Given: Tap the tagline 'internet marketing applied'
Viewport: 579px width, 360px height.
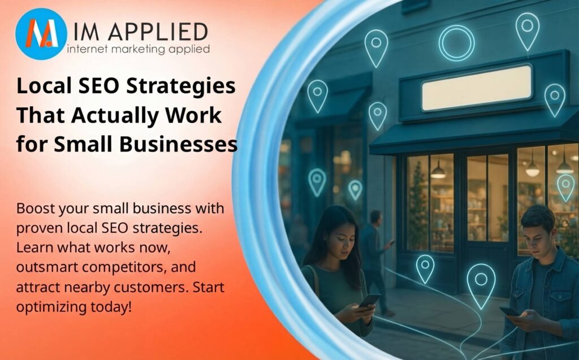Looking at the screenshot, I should point(138,49).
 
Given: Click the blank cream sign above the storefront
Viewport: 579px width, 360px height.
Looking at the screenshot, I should point(476,88).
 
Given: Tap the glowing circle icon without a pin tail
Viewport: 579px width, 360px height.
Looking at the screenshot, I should point(456,43).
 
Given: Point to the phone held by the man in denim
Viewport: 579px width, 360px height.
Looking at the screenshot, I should point(509,311).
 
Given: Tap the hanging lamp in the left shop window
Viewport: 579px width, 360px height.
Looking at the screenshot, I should point(438,172).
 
